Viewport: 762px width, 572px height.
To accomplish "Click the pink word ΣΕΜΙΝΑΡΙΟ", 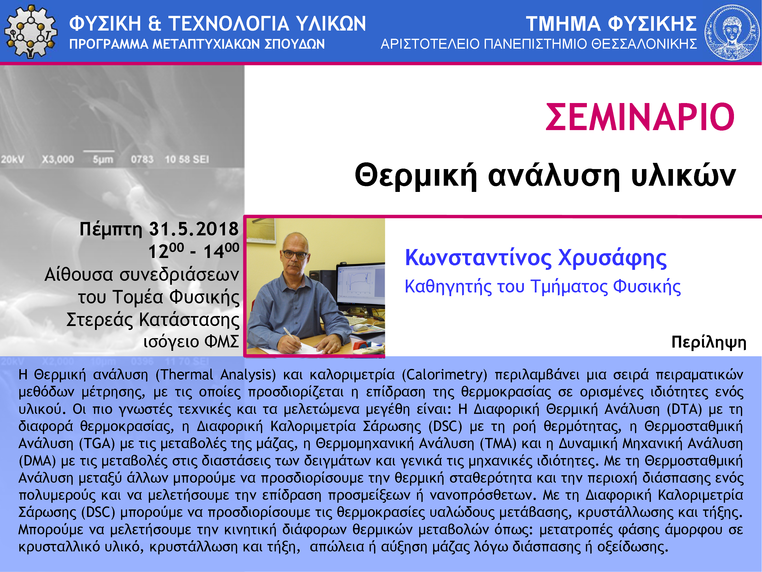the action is [640, 117].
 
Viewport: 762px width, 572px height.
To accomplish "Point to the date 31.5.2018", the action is [193, 229].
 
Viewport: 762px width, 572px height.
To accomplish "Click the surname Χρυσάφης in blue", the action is [612, 258].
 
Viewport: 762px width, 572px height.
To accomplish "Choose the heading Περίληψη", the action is [709, 343].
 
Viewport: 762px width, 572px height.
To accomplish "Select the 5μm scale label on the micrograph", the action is [103, 160].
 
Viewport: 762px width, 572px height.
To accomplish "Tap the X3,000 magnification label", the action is [58, 159].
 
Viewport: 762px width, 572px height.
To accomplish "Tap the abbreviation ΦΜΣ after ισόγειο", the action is [222, 342].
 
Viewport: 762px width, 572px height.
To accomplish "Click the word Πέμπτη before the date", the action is [111, 229].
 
